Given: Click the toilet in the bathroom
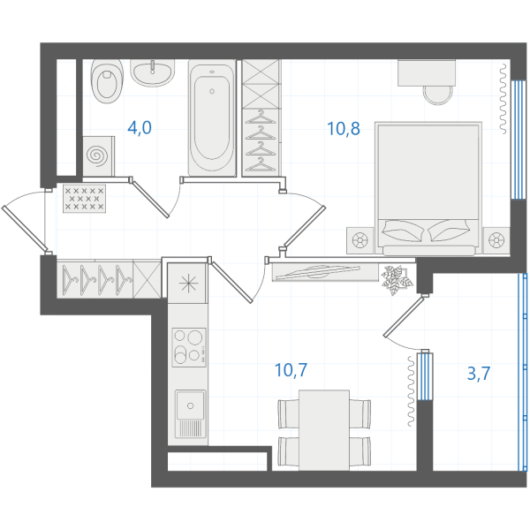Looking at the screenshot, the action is (107, 81).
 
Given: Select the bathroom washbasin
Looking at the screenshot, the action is (153, 72).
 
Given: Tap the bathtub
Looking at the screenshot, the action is (212, 118).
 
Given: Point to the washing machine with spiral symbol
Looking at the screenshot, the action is (98, 156).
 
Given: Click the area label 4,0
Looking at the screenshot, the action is (140, 128).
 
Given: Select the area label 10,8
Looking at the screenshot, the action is (344, 129).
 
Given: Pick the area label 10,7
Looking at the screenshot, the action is (291, 370).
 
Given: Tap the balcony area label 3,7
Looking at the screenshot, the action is (479, 374).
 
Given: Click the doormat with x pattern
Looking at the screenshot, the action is (84, 199).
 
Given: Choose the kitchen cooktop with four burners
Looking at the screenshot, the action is (189, 347).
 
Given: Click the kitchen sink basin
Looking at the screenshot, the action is (190, 405).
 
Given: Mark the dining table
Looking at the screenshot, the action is (324, 430).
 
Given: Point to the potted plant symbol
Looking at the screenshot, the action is (397, 280).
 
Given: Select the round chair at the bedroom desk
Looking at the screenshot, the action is (438, 95).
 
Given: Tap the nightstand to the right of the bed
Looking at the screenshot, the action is (496, 240).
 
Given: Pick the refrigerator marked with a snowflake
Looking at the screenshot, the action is (187, 284).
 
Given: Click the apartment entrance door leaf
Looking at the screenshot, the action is (25, 228).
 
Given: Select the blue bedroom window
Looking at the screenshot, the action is (518, 140).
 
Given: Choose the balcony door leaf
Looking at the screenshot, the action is (404, 317).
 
